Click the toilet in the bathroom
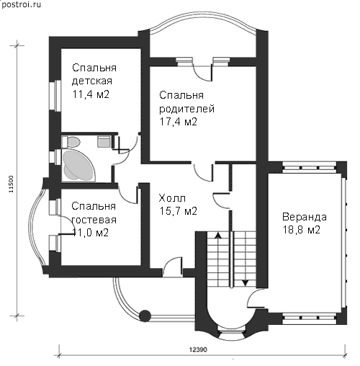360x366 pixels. pyautogui.click(x=71, y=142)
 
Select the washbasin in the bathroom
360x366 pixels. pyautogui.click(x=104, y=141)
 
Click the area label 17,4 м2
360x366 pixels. pyautogui.click(x=178, y=122)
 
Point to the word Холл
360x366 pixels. pyautogui.click(x=172, y=198)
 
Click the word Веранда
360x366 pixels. pyautogui.click(x=305, y=217)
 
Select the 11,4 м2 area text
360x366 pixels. pyautogui.click(x=91, y=94)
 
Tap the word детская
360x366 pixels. pyautogui.click(x=92, y=81)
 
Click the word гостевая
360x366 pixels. pyautogui.click(x=94, y=220)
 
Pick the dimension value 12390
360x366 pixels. pyautogui.click(x=198, y=349)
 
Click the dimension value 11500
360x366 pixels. pyautogui.click(x=12, y=184)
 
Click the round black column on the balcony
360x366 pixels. pyautogui.click(x=145, y=316)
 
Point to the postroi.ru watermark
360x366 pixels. pyautogui.click(x=21, y=5)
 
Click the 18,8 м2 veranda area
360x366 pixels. pyautogui.click(x=302, y=230)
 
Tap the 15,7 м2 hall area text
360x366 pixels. pyautogui.click(x=178, y=211)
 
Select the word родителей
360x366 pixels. pyautogui.click(x=186, y=109)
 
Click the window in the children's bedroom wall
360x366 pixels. pyautogui.click(x=55, y=96)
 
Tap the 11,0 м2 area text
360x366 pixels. pyautogui.click(x=90, y=233)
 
